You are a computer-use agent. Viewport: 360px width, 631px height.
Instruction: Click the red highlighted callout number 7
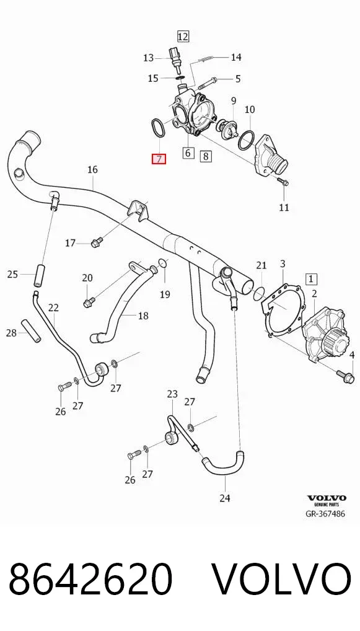(x=159, y=159)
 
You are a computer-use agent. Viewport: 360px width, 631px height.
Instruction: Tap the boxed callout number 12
(x=183, y=37)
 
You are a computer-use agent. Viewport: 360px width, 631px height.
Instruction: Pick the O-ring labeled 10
(x=246, y=139)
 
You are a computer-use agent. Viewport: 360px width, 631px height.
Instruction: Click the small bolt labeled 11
(x=283, y=182)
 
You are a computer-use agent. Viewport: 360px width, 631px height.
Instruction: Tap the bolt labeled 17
(x=97, y=242)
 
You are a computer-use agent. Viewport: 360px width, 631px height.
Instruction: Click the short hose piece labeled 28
(x=30, y=331)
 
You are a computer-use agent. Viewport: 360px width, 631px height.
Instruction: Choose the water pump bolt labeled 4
(x=345, y=375)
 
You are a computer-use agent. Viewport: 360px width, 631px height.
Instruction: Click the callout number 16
(x=92, y=169)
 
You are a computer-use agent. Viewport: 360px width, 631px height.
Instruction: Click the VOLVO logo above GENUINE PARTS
(x=327, y=498)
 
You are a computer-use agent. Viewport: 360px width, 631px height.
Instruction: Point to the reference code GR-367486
(x=326, y=513)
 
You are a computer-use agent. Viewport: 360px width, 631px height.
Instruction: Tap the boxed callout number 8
(x=206, y=156)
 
